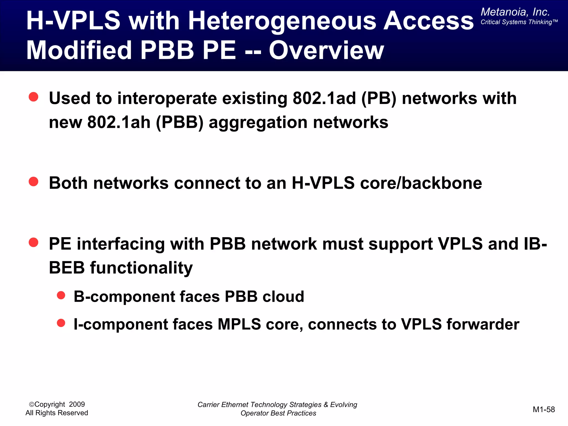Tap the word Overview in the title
tap(326, 50)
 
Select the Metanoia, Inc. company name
tap(515, 12)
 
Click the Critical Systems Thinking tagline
tap(519, 22)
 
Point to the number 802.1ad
tap(324, 98)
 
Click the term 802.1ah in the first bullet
tap(119, 122)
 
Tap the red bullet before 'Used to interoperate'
tap(34, 97)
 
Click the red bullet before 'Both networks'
tap(34, 182)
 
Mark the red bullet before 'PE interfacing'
tap(34, 242)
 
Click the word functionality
tap(141, 268)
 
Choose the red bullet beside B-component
tap(61, 295)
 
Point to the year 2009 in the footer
tap(77, 404)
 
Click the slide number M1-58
tap(544, 409)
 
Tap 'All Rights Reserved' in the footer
tap(57, 413)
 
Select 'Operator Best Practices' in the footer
tap(278, 413)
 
